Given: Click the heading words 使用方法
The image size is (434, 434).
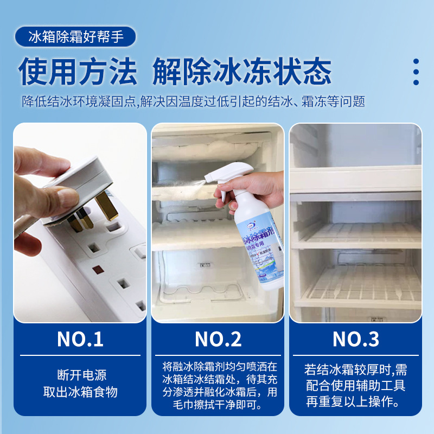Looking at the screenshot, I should [x=78, y=71].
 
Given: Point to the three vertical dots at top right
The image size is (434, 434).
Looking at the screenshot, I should [x=416, y=72].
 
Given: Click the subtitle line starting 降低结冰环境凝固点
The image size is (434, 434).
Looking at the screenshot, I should [x=193, y=101].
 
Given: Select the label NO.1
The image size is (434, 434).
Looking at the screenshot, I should [x=80, y=339].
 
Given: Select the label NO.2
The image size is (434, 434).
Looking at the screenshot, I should [x=218, y=339].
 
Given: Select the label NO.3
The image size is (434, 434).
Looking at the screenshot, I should [x=356, y=339].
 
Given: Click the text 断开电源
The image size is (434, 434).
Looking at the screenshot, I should [x=80, y=375].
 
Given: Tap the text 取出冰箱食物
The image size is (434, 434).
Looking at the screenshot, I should [x=80, y=392].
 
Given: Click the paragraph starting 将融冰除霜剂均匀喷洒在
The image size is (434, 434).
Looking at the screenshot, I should [x=218, y=385].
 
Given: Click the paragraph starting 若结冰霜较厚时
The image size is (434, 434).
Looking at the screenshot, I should [x=356, y=386].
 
